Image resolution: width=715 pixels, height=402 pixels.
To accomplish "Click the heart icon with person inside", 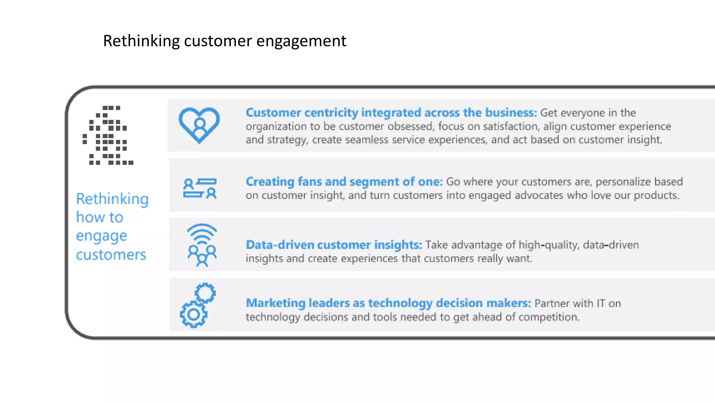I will [199, 125].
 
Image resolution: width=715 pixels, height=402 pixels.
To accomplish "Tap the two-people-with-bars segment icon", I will [200, 188].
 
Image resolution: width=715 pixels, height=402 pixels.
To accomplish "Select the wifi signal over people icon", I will [202, 245].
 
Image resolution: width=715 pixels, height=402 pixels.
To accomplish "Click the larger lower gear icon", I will [193, 314].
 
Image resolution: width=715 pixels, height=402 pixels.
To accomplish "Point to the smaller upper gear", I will [205, 293].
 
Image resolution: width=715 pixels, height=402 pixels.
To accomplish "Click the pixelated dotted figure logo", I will [108, 135].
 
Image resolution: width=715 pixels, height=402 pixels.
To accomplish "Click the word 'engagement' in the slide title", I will [301, 41].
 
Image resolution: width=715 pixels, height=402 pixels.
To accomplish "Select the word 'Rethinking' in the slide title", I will [141, 41].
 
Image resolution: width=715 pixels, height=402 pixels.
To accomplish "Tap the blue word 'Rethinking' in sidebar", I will [112, 199].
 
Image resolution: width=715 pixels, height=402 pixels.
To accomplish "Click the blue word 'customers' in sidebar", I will [111, 255].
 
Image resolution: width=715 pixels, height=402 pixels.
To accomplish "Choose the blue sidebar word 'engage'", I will [102, 236].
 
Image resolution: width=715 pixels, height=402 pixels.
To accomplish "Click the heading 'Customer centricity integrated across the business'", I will [391, 113].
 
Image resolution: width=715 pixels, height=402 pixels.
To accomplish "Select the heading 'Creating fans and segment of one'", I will [344, 182].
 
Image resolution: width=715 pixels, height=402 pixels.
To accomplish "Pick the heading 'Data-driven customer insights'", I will [333, 245].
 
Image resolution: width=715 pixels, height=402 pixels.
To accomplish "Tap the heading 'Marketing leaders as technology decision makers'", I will [388, 303].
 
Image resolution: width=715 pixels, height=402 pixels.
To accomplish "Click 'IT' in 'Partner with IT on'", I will [600, 303].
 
